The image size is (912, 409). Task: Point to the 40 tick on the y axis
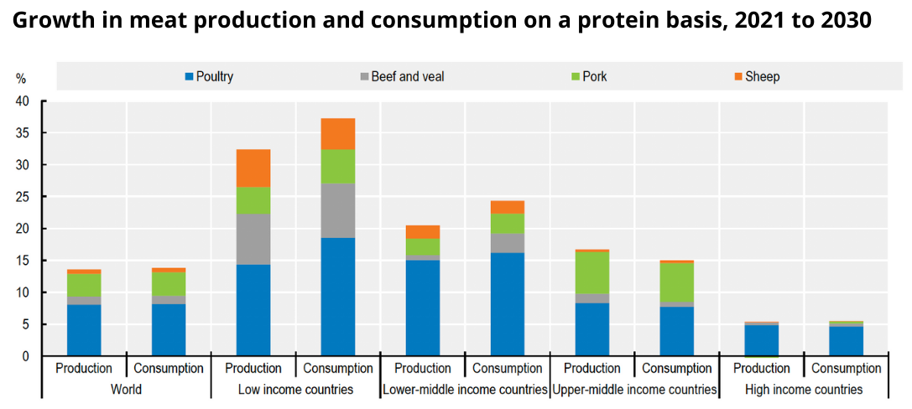coord(22,101)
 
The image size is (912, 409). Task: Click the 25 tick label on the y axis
coord(22,197)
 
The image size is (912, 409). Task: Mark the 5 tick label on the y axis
coord(25,324)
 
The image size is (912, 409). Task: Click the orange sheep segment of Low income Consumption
coord(338,133)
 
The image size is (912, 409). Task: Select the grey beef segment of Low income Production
coord(253,239)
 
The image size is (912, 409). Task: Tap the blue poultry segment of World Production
coord(84,330)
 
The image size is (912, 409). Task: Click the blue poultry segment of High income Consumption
coord(847,341)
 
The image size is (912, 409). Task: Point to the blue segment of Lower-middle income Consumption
coord(508,304)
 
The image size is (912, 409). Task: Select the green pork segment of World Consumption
coord(169,283)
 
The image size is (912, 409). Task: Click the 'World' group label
coord(126,390)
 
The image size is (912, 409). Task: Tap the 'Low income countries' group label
coord(295,390)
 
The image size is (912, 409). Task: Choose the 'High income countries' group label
coord(804,390)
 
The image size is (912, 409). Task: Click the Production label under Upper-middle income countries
coord(592,369)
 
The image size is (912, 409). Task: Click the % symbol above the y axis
coord(21,79)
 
